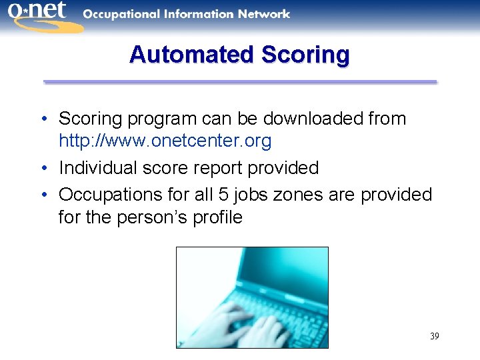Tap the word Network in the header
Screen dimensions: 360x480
265,13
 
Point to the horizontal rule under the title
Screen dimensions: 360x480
240,82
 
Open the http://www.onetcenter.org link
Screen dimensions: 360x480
165,141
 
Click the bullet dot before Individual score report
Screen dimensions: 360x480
43,168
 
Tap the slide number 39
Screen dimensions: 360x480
434,336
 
